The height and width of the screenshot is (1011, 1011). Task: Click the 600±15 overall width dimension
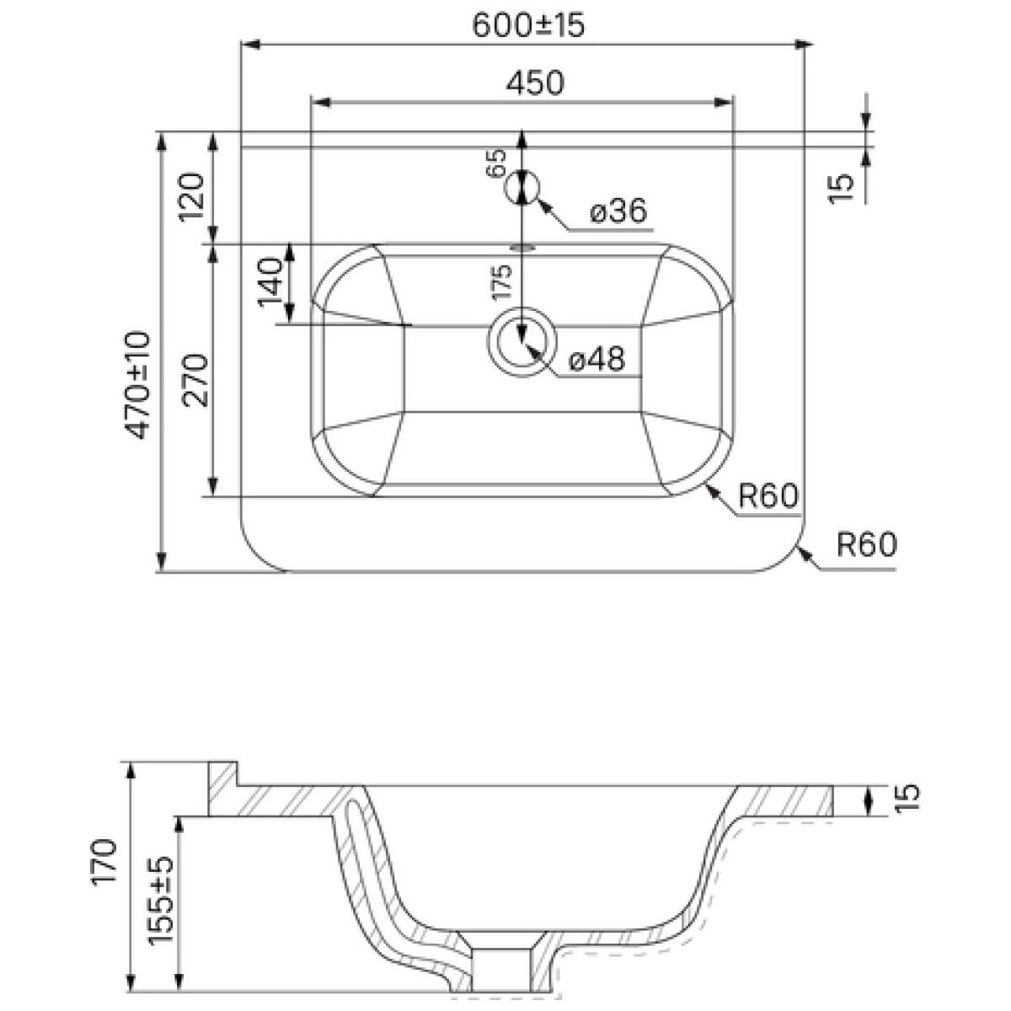(x=527, y=24)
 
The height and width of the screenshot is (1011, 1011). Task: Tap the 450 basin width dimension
(x=535, y=83)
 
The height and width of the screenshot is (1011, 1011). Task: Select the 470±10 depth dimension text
(x=138, y=384)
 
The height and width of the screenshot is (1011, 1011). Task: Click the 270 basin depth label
(x=195, y=381)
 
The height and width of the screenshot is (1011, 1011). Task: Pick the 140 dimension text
(x=270, y=281)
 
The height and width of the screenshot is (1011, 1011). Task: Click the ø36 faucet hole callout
(x=618, y=211)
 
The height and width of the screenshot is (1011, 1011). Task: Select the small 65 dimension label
(x=496, y=163)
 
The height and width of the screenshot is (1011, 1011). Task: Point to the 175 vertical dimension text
(x=501, y=282)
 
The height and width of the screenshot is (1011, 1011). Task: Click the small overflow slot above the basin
(x=522, y=247)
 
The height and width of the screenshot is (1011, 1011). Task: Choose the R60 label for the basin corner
(x=768, y=495)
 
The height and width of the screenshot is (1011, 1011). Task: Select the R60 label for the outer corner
(x=867, y=544)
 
